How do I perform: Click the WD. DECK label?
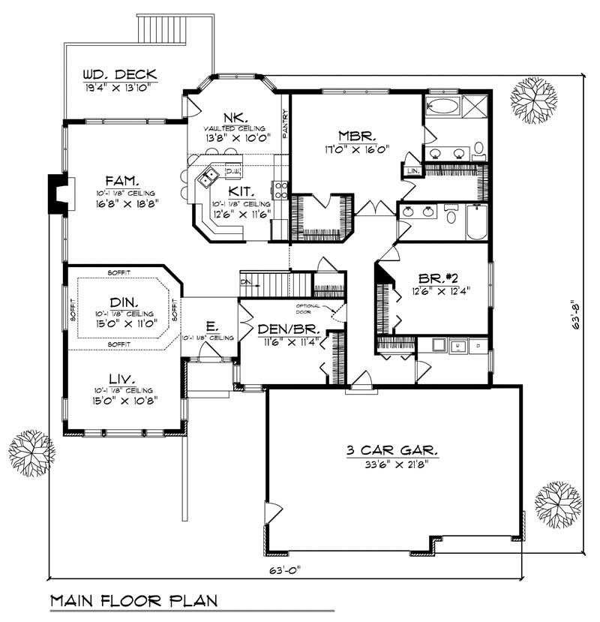pyautogui.click(x=120, y=74)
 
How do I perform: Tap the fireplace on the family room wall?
pyautogui.click(x=55, y=194)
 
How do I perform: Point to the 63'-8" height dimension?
pyautogui.click(x=576, y=316)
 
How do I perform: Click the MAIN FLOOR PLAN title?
pyautogui.click(x=133, y=601)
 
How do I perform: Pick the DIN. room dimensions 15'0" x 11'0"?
pyautogui.click(x=124, y=324)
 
